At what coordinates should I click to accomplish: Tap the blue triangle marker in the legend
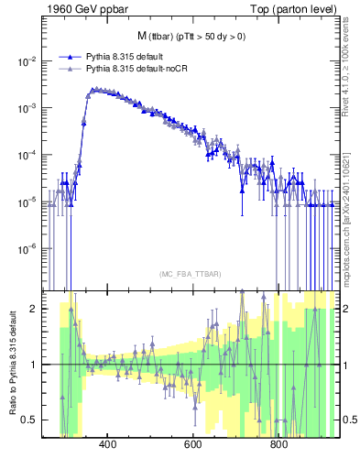71,57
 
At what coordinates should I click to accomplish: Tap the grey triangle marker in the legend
71,69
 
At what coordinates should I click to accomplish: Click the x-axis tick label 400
107,446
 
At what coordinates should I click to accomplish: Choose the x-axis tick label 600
193,446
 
